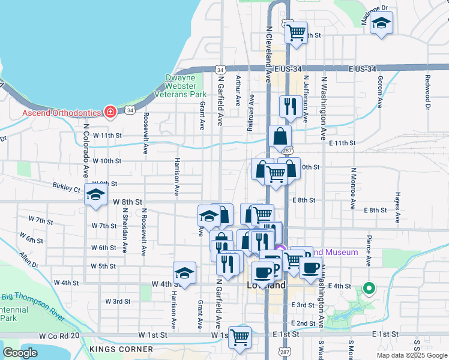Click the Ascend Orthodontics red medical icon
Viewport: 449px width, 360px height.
point(110,112)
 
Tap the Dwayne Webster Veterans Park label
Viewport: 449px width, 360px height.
point(180,86)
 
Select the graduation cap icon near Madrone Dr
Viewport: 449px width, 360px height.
point(381,25)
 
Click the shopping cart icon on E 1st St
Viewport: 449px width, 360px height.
point(240,338)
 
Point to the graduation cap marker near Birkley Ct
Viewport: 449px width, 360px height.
point(95,195)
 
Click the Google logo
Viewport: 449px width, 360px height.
point(20,353)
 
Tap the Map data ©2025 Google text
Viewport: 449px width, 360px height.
point(411,355)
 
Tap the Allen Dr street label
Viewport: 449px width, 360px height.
point(28,260)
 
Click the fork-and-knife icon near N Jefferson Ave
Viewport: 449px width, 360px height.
point(291,107)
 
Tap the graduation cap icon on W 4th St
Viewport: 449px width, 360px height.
point(184,273)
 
